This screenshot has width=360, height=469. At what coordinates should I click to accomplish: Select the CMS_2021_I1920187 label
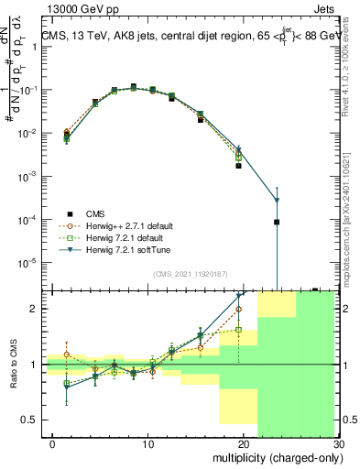[191, 274]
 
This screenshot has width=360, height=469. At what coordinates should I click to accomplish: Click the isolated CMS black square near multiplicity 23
[277, 222]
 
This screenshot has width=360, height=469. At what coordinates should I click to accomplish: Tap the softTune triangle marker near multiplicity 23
[277, 201]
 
